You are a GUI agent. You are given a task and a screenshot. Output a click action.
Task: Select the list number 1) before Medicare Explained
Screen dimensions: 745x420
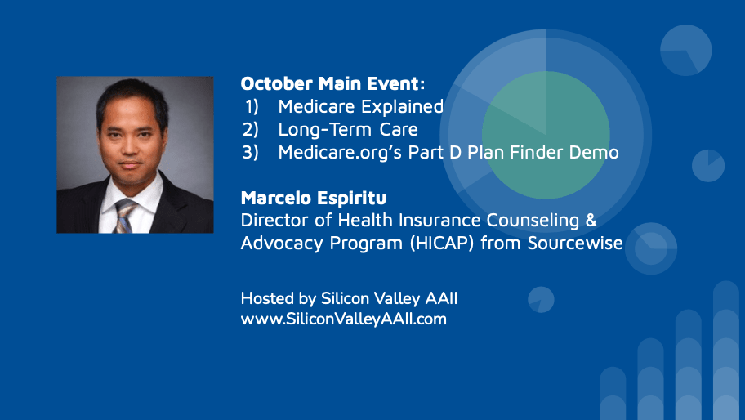(252, 106)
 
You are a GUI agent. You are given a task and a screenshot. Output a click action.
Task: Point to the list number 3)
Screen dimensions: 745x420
(251, 152)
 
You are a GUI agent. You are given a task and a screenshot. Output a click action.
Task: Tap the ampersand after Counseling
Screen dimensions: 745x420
(591, 221)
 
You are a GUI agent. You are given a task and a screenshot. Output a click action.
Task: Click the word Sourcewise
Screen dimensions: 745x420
(575, 243)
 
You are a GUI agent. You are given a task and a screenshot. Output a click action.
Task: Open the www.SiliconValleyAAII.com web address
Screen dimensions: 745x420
(344, 319)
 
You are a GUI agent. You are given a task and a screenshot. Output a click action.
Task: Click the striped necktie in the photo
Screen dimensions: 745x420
(124, 216)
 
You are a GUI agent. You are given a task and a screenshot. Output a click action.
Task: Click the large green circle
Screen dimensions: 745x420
(546, 135)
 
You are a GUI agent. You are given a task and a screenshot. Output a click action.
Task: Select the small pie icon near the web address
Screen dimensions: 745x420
(541, 300)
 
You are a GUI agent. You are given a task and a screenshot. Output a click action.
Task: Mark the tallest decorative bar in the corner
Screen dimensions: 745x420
(726, 351)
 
